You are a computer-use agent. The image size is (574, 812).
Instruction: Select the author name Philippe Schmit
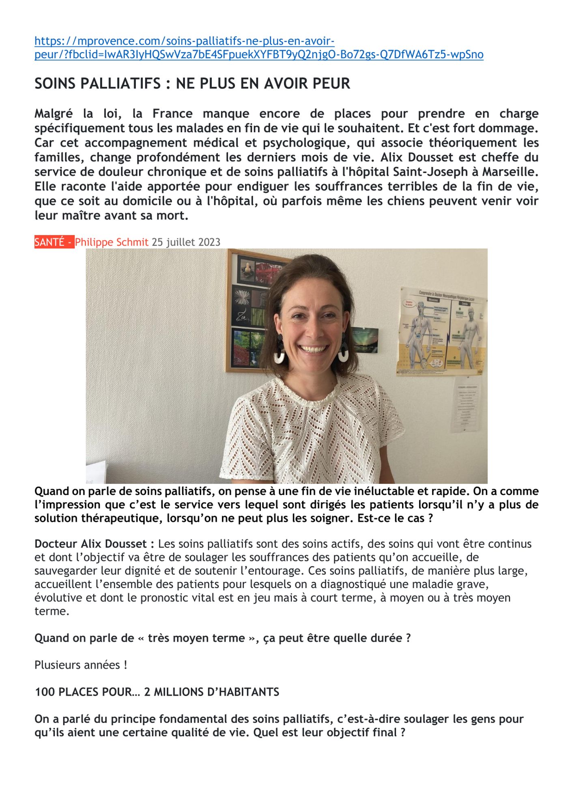pos(112,242)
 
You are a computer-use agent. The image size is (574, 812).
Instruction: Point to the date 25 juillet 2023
pos(186,242)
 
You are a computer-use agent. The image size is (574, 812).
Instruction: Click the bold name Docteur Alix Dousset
pos(94,544)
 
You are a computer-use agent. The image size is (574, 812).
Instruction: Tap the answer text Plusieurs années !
pos(81,665)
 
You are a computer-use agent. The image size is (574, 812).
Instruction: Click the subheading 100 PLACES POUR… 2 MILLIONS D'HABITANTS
pos(157,692)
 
